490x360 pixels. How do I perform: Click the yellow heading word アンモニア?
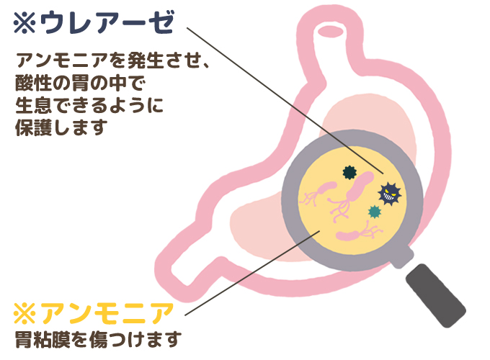pos(108,315)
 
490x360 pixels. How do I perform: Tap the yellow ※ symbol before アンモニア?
pos(25,315)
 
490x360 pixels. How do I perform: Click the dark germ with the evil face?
pos(390,192)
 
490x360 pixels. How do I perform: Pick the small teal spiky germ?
pos(374,212)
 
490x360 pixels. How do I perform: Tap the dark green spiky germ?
pos(349,172)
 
